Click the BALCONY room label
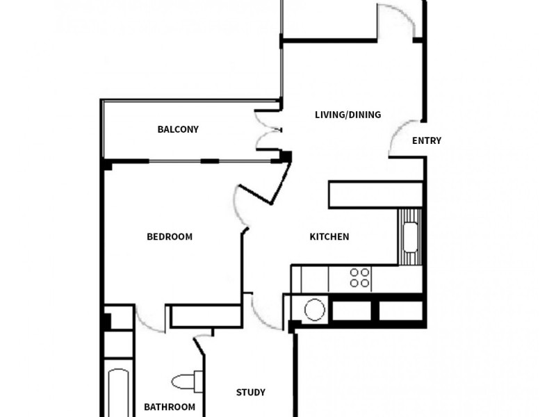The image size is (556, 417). (178, 129)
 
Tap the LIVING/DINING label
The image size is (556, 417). (347, 115)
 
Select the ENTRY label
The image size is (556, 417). (427, 140)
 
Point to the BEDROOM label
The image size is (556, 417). (170, 236)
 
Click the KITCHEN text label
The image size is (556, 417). (329, 237)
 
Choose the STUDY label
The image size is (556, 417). (251, 393)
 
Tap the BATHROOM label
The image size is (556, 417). (170, 407)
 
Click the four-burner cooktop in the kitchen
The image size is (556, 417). (360, 278)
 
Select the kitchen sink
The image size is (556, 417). (411, 237)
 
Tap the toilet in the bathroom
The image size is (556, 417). (187, 381)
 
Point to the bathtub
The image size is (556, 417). (118, 393)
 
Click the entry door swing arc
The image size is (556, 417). (401, 137)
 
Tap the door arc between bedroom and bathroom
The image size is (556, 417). (149, 318)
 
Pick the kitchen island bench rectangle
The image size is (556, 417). (376, 194)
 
